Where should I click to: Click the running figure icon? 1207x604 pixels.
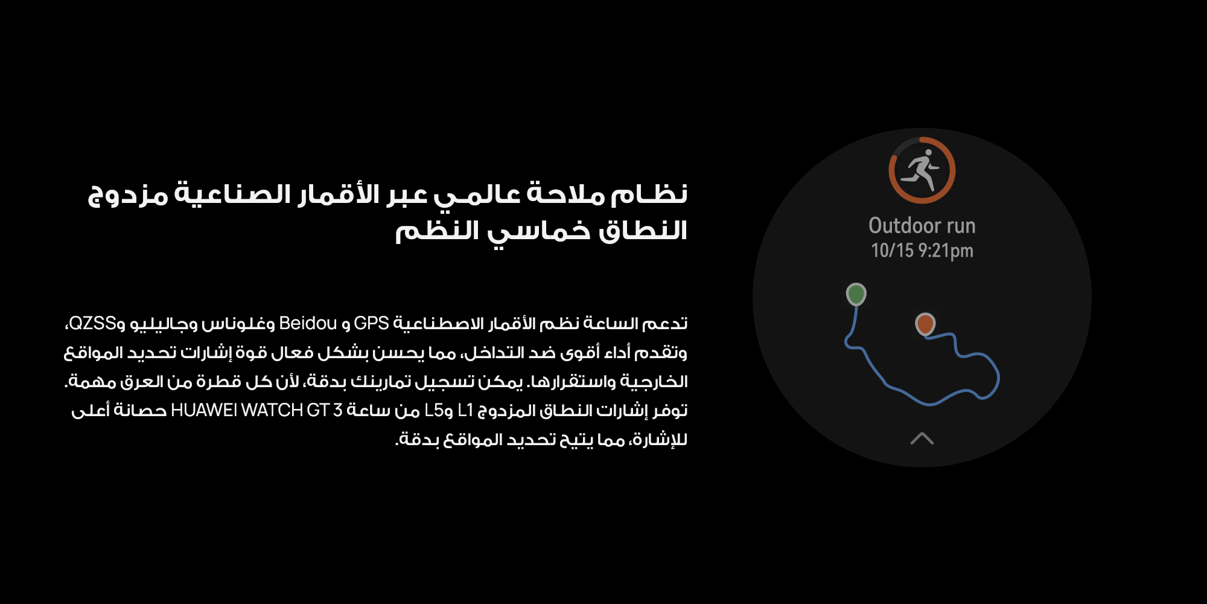pyautogui.click(x=920, y=170)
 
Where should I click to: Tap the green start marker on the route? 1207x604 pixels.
pyautogui.click(x=856, y=294)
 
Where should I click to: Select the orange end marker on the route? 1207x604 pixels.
pyautogui.click(x=925, y=324)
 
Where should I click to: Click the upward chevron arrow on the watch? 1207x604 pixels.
pyautogui.click(x=922, y=439)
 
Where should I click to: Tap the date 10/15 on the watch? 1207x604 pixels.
pyautogui.click(x=892, y=250)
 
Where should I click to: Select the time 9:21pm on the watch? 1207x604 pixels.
pyautogui.click(x=946, y=251)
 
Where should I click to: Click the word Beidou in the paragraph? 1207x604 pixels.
pyautogui.click(x=308, y=323)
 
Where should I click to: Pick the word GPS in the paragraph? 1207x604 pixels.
pyautogui.click(x=371, y=323)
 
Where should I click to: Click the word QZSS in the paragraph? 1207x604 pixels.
pyautogui.click(x=92, y=323)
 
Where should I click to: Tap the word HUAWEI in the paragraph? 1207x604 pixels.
pyautogui.click(x=204, y=410)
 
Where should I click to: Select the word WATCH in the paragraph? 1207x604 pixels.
pyautogui.click(x=272, y=410)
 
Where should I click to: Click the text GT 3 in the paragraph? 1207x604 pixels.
pyautogui.click(x=325, y=410)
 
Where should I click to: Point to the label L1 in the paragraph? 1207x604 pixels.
pyautogui.click(x=466, y=410)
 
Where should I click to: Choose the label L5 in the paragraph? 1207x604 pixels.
pyautogui.click(x=435, y=410)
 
